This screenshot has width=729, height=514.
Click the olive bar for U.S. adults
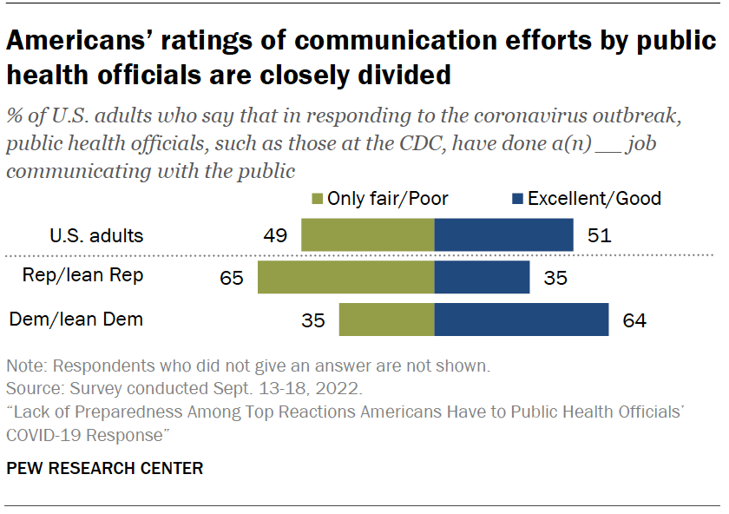point(367,234)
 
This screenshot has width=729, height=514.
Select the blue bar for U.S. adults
point(503,234)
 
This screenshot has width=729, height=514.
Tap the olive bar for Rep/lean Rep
point(345,277)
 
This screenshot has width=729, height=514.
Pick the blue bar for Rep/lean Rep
point(482,277)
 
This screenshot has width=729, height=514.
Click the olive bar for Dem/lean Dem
point(386,320)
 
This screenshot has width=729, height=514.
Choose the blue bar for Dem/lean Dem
point(521,320)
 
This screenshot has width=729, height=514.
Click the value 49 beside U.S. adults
point(276,235)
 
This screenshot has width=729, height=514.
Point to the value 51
point(598,235)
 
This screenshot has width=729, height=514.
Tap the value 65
point(233,278)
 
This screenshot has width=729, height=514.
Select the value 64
point(634,320)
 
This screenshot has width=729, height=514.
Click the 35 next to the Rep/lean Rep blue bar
point(555,278)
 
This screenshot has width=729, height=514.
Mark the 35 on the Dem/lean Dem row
point(313,320)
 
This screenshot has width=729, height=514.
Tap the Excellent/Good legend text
point(594,199)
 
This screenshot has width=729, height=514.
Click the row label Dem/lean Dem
point(76,320)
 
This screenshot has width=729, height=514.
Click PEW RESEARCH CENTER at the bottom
point(104,468)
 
